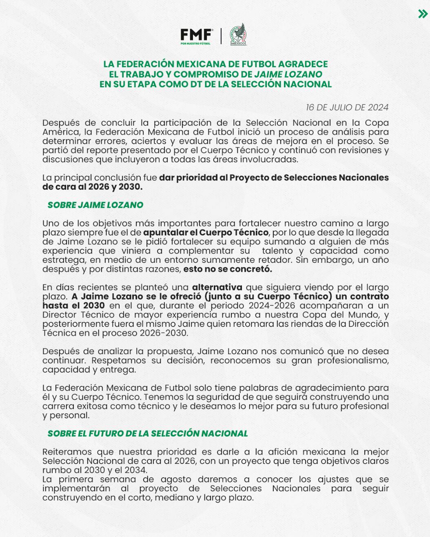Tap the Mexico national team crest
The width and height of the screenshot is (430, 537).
(x=238, y=34)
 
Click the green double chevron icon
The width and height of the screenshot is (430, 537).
(x=423, y=14)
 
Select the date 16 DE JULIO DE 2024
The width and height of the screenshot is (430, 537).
(x=347, y=107)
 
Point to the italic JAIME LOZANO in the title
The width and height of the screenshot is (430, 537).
(x=288, y=74)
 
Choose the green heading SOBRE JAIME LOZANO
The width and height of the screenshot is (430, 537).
(x=95, y=205)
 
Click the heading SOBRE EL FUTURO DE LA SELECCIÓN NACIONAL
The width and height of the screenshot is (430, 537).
(x=148, y=433)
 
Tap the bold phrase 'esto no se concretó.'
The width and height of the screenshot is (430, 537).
(x=228, y=269)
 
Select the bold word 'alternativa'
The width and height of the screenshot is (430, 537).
(x=217, y=287)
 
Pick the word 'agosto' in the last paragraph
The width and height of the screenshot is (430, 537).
(x=176, y=479)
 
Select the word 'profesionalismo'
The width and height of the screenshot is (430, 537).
(x=353, y=360)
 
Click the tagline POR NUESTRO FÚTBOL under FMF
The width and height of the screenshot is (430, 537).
(x=196, y=43)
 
